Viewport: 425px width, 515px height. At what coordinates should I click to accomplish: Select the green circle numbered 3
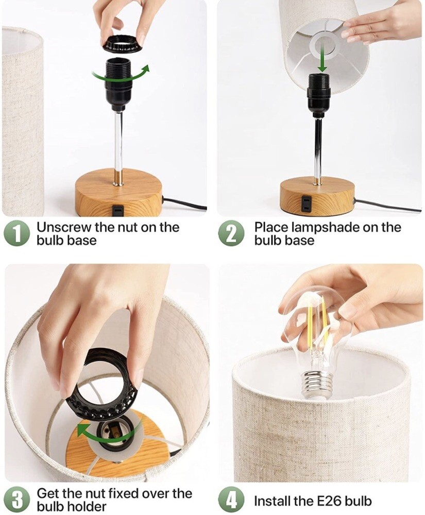17,500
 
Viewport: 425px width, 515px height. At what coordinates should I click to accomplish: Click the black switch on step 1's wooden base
117,210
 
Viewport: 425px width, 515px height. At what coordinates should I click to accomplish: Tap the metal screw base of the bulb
316,384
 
